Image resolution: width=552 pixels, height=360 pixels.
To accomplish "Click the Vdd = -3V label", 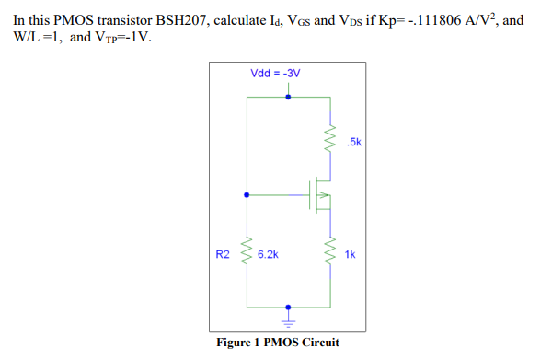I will [275, 73].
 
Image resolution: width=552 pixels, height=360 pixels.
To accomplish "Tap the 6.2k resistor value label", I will [269, 253].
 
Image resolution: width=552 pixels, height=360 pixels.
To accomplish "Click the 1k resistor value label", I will [350, 253].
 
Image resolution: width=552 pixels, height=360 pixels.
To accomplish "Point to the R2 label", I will [222, 253].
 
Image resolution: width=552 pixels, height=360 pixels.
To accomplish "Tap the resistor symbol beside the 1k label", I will [328, 250].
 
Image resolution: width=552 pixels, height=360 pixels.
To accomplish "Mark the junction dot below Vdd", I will [288, 95].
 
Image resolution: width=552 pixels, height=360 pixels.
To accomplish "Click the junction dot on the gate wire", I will [246, 195].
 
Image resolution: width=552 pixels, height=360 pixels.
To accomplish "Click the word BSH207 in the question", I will [169, 18].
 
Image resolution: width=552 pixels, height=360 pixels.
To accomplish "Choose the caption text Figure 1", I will [241, 343].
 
